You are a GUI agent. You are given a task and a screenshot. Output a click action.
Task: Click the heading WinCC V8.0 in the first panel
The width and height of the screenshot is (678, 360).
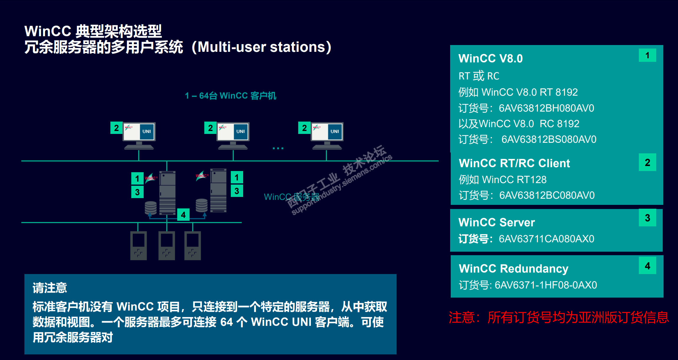coord(490,58)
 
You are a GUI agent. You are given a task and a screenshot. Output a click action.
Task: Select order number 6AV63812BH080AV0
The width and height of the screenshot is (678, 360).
coord(546,108)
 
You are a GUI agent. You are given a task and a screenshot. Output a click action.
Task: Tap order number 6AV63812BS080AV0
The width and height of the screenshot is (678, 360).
coord(549,139)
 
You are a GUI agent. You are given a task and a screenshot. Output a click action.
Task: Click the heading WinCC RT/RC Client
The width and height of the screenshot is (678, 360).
coord(514,163)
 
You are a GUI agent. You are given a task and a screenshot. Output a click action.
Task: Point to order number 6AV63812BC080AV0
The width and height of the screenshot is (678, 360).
coord(547,195)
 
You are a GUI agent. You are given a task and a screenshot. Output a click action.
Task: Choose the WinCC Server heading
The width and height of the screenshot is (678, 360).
coord(496,222)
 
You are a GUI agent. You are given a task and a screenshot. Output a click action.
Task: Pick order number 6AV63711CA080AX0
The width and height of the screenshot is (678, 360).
coord(546,239)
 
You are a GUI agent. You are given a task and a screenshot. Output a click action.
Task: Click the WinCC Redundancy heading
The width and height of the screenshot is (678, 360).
coord(513,268)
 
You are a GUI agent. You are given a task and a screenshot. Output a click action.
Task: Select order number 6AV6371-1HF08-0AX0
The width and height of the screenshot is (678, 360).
coord(546,285)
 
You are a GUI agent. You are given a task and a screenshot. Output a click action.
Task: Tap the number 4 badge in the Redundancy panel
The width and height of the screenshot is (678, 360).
coord(647,266)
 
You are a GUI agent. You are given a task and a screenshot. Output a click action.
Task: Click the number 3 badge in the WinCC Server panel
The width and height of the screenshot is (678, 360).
coord(647,218)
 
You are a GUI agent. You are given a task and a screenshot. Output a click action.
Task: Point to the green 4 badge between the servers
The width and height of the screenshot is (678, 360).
coord(183,215)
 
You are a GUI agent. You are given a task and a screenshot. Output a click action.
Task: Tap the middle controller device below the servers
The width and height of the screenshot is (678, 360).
coord(167,245)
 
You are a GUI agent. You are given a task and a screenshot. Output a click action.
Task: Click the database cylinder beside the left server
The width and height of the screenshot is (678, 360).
coord(150,208)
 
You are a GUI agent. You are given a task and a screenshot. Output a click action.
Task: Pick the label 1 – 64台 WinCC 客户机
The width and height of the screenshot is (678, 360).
coord(231,96)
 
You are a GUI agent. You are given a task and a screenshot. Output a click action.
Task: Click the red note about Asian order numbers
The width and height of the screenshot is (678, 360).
coord(558,318)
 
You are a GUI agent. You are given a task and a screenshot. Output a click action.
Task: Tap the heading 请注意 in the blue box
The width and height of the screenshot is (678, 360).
coord(50,288)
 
